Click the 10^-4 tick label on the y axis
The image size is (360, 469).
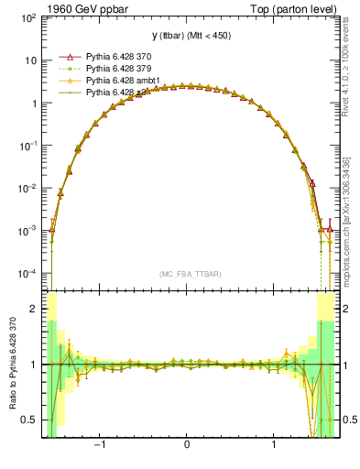pyautogui.click(x=27, y=274)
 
